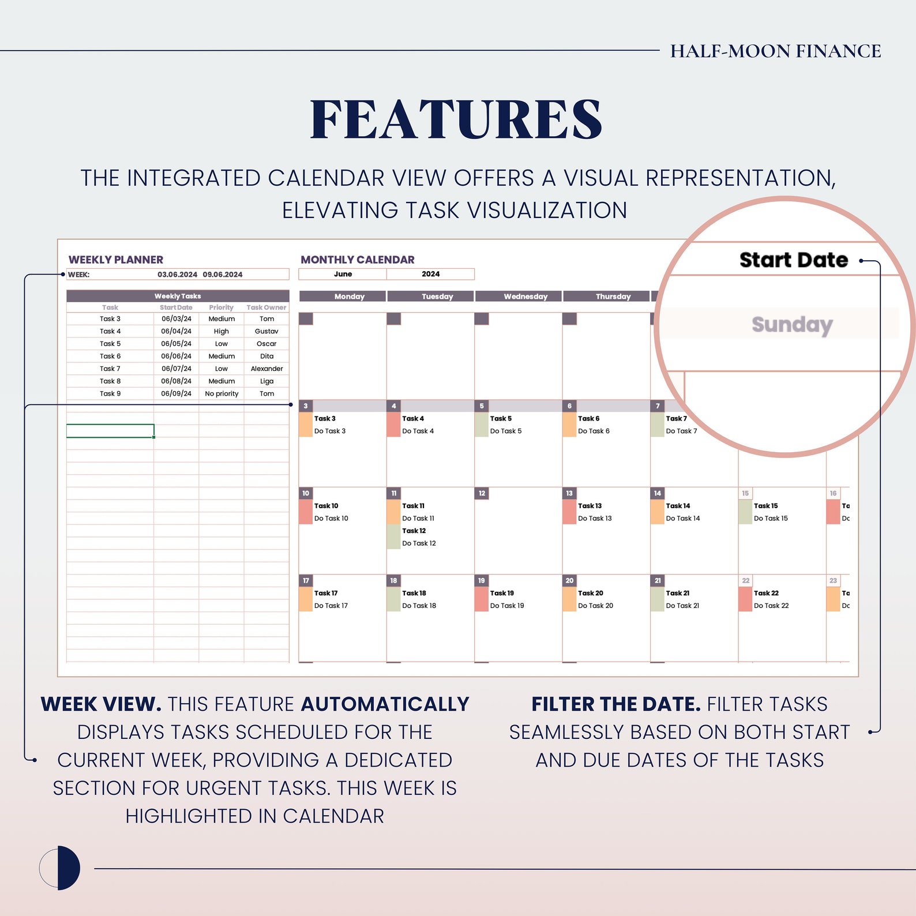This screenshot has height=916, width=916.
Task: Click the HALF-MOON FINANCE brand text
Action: pyautogui.click(x=775, y=51)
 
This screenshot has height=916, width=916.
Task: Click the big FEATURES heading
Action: pyautogui.click(x=456, y=119)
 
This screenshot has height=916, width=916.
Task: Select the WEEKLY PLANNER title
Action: pyautogui.click(x=116, y=260)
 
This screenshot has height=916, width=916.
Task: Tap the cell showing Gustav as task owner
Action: pyautogui.click(x=266, y=331)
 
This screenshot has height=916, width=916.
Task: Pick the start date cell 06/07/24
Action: pyautogui.click(x=176, y=369)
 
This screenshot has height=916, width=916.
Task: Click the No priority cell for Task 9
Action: pyautogui.click(x=222, y=393)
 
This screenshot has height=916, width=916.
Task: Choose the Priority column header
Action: pyautogui.click(x=221, y=307)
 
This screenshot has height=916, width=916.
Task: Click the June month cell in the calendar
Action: pyautogui.click(x=343, y=274)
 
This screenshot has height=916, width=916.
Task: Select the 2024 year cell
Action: pyautogui.click(x=430, y=274)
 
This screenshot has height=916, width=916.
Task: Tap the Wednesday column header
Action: pyautogui.click(x=525, y=296)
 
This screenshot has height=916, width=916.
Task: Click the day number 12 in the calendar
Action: pyautogui.click(x=482, y=493)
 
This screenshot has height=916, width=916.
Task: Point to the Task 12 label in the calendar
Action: pyautogui.click(x=414, y=531)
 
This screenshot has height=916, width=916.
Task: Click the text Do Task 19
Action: pyautogui.click(x=506, y=606)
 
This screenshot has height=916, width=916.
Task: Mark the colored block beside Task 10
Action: pyautogui.click(x=306, y=512)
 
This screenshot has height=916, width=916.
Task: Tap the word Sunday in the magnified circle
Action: pyautogui.click(x=791, y=325)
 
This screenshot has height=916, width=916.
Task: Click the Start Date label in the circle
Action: pyautogui.click(x=793, y=260)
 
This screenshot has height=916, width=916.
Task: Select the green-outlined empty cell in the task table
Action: pyautogui.click(x=110, y=431)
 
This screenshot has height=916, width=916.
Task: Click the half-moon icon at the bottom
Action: pyautogui.click(x=60, y=868)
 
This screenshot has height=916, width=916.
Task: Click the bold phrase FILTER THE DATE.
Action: pyautogui.click(x=615, y=704)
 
